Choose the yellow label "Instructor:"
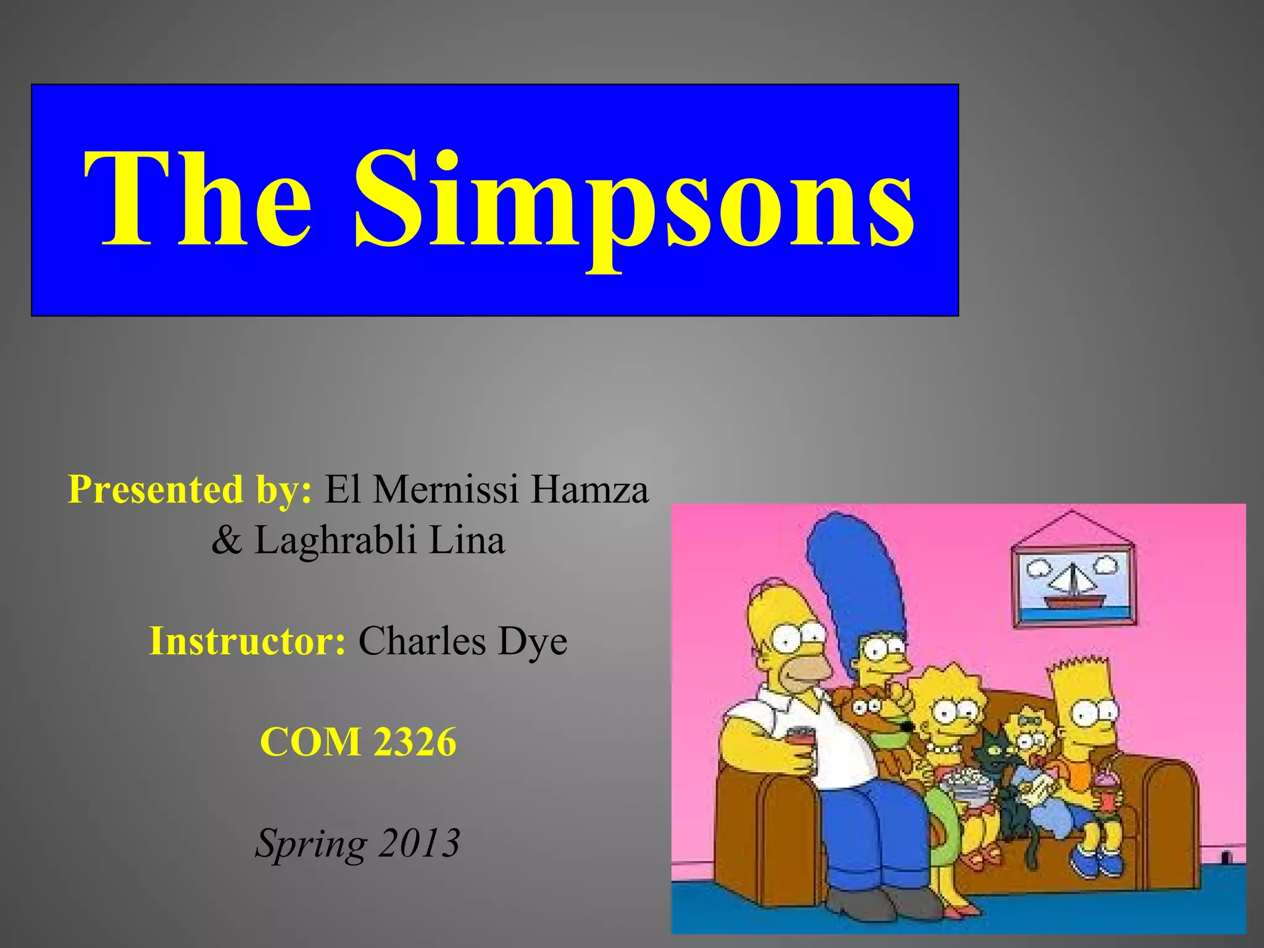[247, 641]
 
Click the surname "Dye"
[533, 642]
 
